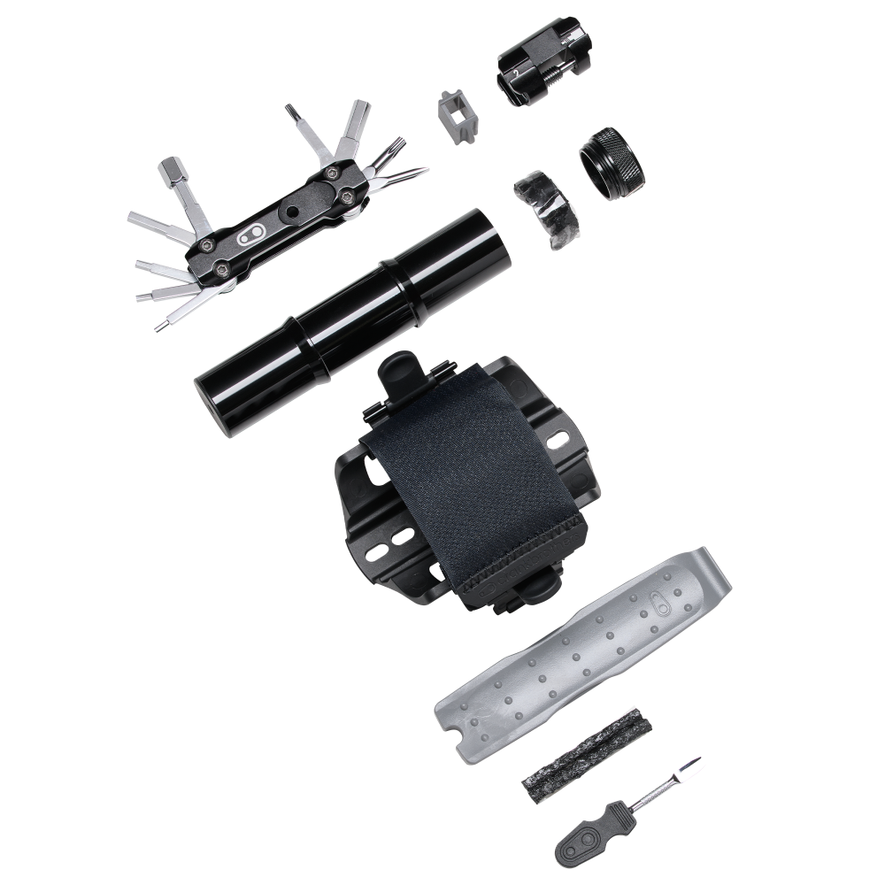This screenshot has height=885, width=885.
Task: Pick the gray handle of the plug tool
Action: coord(588,835)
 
